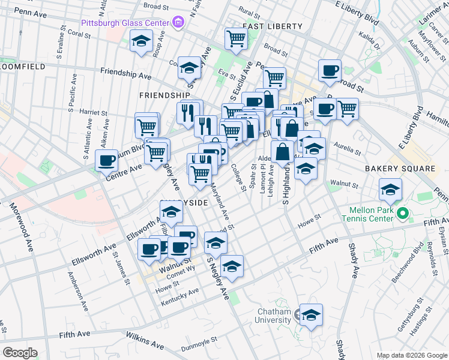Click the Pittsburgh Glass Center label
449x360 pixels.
[x=125, y=24]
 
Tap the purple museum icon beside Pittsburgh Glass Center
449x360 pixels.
[x=178, y=23]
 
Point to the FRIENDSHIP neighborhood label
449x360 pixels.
[x=164, y=95]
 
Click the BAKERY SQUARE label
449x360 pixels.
[x=399, y=169]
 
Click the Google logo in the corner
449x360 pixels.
[x=20, y=353]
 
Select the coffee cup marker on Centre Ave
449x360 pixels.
[x=107, y=161]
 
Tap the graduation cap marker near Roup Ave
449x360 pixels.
[x=141, y=42]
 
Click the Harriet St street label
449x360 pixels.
[x=93, y=112]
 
